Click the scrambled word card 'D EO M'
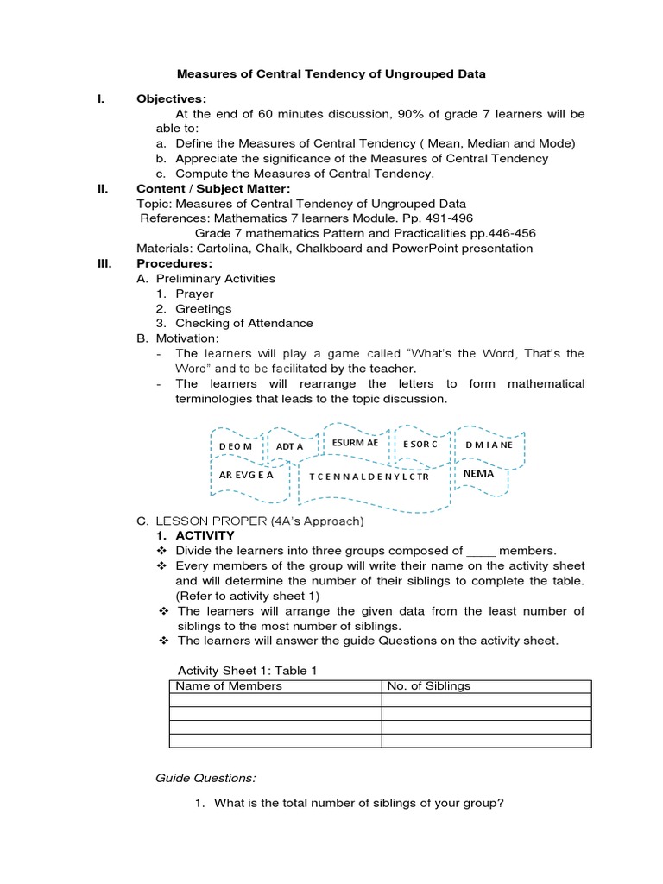[236, 445]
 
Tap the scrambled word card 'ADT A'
[290, 446]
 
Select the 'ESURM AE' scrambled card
[355, 443]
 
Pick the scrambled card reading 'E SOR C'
[420, 444]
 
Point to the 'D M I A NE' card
[489, 445]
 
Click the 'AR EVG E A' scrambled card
[246, 475]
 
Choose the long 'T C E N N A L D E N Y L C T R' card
[369, 477]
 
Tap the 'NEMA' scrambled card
[478, 474]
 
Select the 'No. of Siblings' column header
[429, 686]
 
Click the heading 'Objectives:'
[172, 99]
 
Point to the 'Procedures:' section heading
[174, 263]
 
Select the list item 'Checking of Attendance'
[244, 323]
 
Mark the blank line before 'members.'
[481, 551]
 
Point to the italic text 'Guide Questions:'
[205, 778]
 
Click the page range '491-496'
[445, 218]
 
